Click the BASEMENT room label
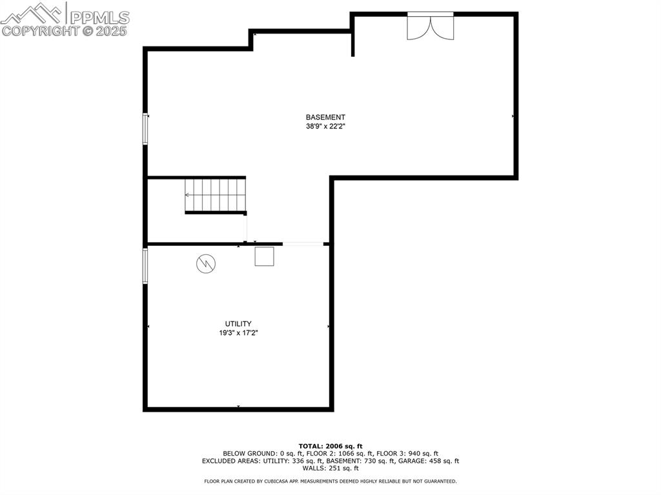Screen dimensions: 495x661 point(325,117)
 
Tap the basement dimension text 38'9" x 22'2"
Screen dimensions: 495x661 point(325,126)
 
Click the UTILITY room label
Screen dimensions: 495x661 point(238,323)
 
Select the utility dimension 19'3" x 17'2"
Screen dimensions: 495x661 point(238,333)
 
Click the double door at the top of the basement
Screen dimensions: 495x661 point(430,26)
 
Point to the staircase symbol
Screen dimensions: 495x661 point(216,195)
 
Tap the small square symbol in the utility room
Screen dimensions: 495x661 point(264,256)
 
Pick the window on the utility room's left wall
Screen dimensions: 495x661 point(146,266)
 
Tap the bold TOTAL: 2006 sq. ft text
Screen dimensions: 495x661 point(330,446)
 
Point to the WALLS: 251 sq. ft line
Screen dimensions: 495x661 point(330,468)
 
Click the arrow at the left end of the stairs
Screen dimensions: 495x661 point(188,194)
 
